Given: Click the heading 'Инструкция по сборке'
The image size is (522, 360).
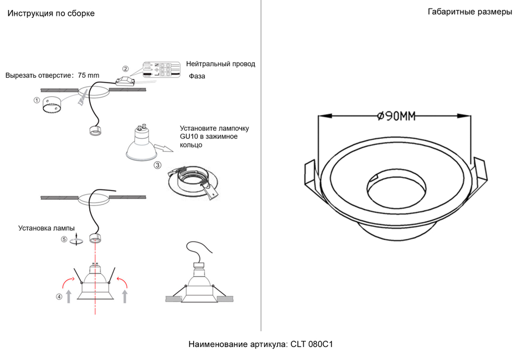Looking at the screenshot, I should click(51, 14).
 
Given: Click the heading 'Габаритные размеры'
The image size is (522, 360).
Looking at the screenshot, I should click(469, 12).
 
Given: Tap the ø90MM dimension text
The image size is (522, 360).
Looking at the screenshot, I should click(396, 116).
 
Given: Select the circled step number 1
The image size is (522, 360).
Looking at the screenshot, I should click(37, 100).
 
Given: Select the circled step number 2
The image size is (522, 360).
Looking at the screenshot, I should click(125, 69).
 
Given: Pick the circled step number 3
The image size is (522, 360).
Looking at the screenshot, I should click(157, 165).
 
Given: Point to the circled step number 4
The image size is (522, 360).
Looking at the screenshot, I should click(60, 297).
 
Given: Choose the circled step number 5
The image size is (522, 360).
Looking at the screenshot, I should click(64, 239).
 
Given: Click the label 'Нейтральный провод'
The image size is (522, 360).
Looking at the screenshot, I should click(220, 64).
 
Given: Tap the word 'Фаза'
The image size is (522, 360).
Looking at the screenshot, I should click(197, 76).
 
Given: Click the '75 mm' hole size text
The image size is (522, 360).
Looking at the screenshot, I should click(88, 75).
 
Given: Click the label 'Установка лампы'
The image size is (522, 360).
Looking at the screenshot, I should click(46, 228).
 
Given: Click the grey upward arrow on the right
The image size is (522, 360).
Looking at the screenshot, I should click(124, 296).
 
